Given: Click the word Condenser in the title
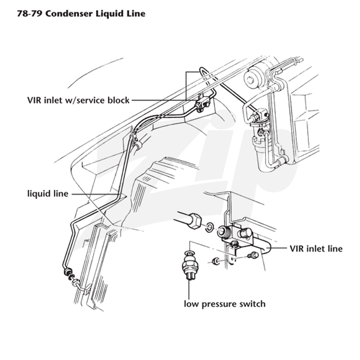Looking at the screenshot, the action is coord(69,13).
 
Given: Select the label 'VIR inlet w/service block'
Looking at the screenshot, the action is coord(78,100).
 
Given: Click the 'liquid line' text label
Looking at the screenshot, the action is coord(48,193).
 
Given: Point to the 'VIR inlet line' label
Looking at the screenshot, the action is coord(316,248).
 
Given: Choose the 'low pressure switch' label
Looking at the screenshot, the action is coord(225,304).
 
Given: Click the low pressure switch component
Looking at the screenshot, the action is coord(189,267).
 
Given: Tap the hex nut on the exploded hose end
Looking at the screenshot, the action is coord(195,220).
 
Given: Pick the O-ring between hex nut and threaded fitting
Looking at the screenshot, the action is coord(209,227).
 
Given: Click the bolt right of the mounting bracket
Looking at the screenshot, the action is coord(253,255).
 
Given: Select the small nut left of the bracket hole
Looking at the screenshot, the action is coord(216,261).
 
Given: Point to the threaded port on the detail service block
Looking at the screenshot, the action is coord(223,231).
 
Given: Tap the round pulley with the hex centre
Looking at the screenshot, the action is coord(251,79).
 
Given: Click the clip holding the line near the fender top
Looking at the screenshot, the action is coord(137,145).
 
